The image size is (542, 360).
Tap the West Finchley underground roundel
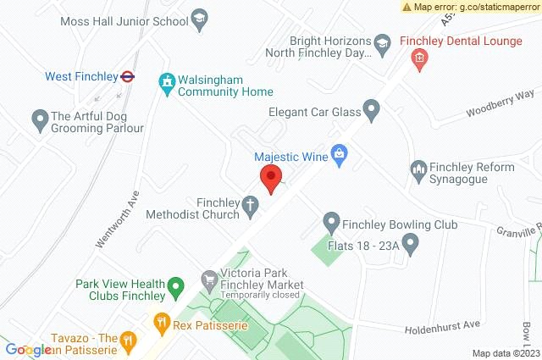[127, 76]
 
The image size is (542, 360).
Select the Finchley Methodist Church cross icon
[250, 204]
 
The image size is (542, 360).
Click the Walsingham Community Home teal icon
[167, 83]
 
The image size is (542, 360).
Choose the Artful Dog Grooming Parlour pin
[39, 120]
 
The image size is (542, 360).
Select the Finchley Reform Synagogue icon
[417, 170]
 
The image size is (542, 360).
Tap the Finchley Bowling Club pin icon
[332, 224]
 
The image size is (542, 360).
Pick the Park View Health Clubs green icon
[176, 287]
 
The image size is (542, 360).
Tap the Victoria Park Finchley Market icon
[208, 279]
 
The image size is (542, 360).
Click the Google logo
[27, 350]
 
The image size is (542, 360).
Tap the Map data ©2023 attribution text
[505, 353]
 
